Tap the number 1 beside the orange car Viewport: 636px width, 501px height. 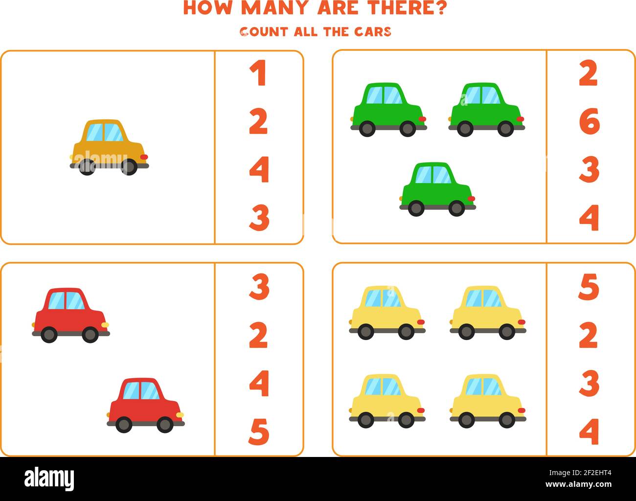(258, 73)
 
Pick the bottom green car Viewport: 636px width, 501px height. (437, 189)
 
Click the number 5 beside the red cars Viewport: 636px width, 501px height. (259, 432)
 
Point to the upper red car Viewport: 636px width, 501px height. (70, 315)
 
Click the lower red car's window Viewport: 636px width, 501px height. (141, 390)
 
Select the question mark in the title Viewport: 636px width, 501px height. (440, 8)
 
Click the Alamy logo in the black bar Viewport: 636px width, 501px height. (49, 478)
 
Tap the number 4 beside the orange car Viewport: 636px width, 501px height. (259, 169)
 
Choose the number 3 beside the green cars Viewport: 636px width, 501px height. (589, 169)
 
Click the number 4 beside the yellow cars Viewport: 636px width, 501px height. (589, 431)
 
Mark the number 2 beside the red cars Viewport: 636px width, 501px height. (259, 335)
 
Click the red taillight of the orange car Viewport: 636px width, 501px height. (144, 157)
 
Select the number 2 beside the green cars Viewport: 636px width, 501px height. (589, 73)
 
